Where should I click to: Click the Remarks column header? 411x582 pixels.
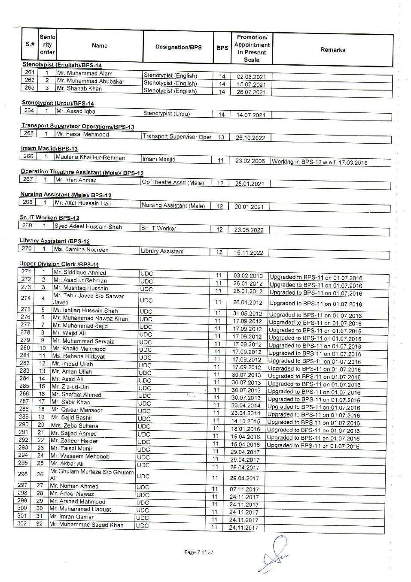(333, 50)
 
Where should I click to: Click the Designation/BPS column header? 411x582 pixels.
(178, 47)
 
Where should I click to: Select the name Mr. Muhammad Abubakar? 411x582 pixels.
(91, 81)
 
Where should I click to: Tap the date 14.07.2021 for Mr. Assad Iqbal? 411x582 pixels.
(251, 115)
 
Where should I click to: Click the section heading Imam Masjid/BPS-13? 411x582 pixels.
(49, 148)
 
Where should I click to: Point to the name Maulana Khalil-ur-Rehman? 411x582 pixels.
(90, 157)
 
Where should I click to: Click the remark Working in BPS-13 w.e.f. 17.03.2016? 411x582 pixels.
(320, 163)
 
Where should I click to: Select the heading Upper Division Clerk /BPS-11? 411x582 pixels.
(59, 264)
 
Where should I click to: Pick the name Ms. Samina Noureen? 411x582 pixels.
(81, 250)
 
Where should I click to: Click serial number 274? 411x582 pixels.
(26, 298)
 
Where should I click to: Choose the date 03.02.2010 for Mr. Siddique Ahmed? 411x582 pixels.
(248, 276)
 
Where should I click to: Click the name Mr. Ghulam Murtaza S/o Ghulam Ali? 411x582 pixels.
(91, 474)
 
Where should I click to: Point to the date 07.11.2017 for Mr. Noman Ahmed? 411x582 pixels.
(244, 489)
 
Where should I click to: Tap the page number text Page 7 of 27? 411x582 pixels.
(198, 552)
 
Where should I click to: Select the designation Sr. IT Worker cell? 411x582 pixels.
(159, 229)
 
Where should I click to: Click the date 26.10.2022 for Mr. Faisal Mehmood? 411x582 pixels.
(250, 138)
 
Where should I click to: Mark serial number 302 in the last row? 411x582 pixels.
(21, 524)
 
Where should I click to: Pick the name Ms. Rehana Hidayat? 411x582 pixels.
(78, 356)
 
